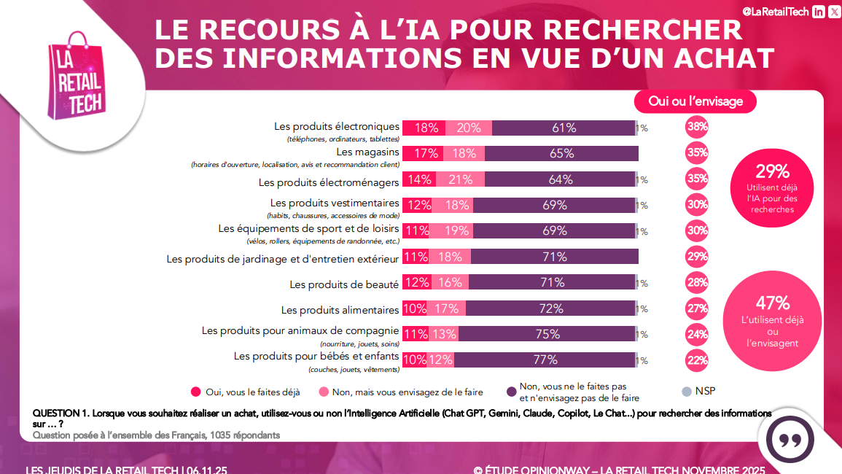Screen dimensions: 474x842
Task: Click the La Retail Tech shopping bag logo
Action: [76, 77]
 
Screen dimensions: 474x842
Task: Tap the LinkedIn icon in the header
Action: [819, 11]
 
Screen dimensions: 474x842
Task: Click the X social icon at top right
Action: [834, 11]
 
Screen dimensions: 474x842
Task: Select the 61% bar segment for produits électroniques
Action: [564, 128]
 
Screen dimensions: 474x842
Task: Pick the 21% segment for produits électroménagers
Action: [460, 179]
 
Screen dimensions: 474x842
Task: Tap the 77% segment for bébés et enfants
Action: [545, 360]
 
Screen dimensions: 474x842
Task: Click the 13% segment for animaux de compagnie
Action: [445, 334]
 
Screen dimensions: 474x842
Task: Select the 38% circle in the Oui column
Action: [697, 128]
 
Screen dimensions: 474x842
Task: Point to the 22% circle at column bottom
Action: [697, 360]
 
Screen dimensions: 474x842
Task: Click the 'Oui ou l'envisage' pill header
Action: [695, 101]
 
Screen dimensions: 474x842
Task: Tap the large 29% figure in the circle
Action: [772, 171]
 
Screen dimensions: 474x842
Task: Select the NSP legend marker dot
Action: [685, 392]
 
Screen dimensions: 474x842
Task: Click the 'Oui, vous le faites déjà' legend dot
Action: [195, 392]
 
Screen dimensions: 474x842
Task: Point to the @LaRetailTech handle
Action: [775, 11]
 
